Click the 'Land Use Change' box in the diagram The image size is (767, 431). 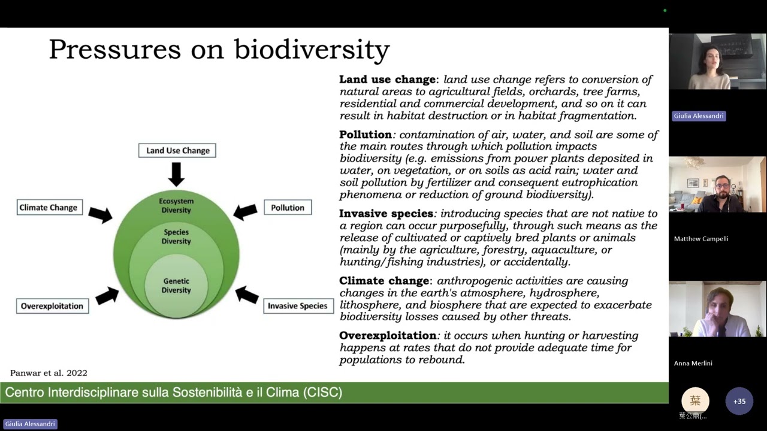tap(177, 150)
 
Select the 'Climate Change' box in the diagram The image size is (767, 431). tap(49, 208)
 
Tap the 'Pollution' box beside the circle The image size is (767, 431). tap(288, 208)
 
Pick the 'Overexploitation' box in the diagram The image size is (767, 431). tap(52, 306)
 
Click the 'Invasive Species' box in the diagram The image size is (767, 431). tap(297, 306)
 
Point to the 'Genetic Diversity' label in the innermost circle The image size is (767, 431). tap(176, 286)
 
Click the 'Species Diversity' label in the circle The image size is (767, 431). tap(176, 236)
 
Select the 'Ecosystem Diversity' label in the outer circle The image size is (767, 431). tap(176, 205)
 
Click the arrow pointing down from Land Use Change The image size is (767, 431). tap(176, 174)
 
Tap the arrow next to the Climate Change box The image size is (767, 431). tap(100, 214)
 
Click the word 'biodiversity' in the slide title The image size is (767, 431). tap(312, 49)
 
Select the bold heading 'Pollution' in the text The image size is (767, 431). tap(366, 134)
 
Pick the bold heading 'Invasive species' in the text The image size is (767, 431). tap(386, 214)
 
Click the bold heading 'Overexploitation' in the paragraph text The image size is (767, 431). tap(388, 335)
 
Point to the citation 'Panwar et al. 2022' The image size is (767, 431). tap(49, 373)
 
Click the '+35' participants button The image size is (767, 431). tap(739, 401)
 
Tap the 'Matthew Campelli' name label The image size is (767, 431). tap(700, 239)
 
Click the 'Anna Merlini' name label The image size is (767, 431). tap(693, 363)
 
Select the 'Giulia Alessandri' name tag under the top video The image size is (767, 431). tap(699, 116)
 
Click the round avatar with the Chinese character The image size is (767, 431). tap(695, 400)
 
